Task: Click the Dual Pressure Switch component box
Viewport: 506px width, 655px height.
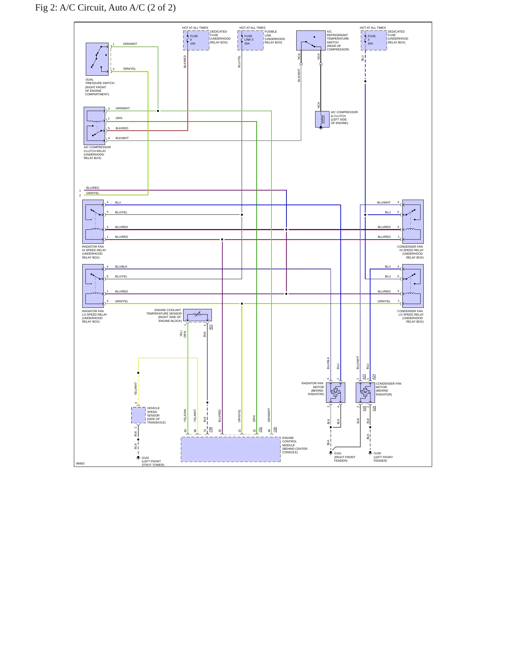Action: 97,59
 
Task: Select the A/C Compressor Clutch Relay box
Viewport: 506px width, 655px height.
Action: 95,126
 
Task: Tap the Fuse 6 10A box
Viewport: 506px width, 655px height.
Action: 196,40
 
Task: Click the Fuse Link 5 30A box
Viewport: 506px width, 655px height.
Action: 250,40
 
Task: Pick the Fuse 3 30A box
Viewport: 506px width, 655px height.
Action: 374,40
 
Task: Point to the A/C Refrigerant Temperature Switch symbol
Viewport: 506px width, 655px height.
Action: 311,40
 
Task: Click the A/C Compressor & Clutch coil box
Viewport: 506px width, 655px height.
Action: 322,119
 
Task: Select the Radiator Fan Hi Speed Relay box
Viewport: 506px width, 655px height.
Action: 93,222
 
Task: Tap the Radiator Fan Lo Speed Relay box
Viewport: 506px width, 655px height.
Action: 93,286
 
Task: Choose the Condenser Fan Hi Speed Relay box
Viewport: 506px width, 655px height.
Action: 413,222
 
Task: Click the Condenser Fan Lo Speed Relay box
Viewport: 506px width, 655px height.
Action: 413,286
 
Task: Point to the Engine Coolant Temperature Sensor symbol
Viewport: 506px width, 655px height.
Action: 197,315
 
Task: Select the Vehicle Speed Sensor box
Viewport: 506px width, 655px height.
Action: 138,415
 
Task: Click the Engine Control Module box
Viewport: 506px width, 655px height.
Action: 231,449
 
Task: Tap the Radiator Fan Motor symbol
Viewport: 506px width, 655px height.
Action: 335,392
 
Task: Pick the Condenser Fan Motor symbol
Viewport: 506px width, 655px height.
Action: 365,392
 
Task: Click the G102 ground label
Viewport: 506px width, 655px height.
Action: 145,458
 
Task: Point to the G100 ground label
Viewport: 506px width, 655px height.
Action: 377,453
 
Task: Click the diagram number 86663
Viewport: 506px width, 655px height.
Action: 80,463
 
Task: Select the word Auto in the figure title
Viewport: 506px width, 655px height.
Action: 117,8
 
